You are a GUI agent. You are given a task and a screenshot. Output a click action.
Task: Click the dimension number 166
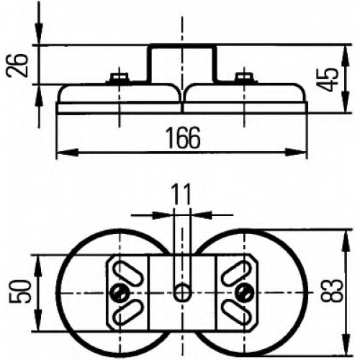(184, 138)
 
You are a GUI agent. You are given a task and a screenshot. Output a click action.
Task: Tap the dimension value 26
(17, 65)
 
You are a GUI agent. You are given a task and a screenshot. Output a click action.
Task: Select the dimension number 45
(329, 80)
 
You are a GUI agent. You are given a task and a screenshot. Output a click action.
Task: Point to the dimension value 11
(181, 194)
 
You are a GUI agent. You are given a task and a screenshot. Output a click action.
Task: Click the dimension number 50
(22, 292)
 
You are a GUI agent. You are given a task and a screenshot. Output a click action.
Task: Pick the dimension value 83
(332, 290)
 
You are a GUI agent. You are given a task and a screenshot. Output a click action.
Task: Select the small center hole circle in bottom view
(183, 292)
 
